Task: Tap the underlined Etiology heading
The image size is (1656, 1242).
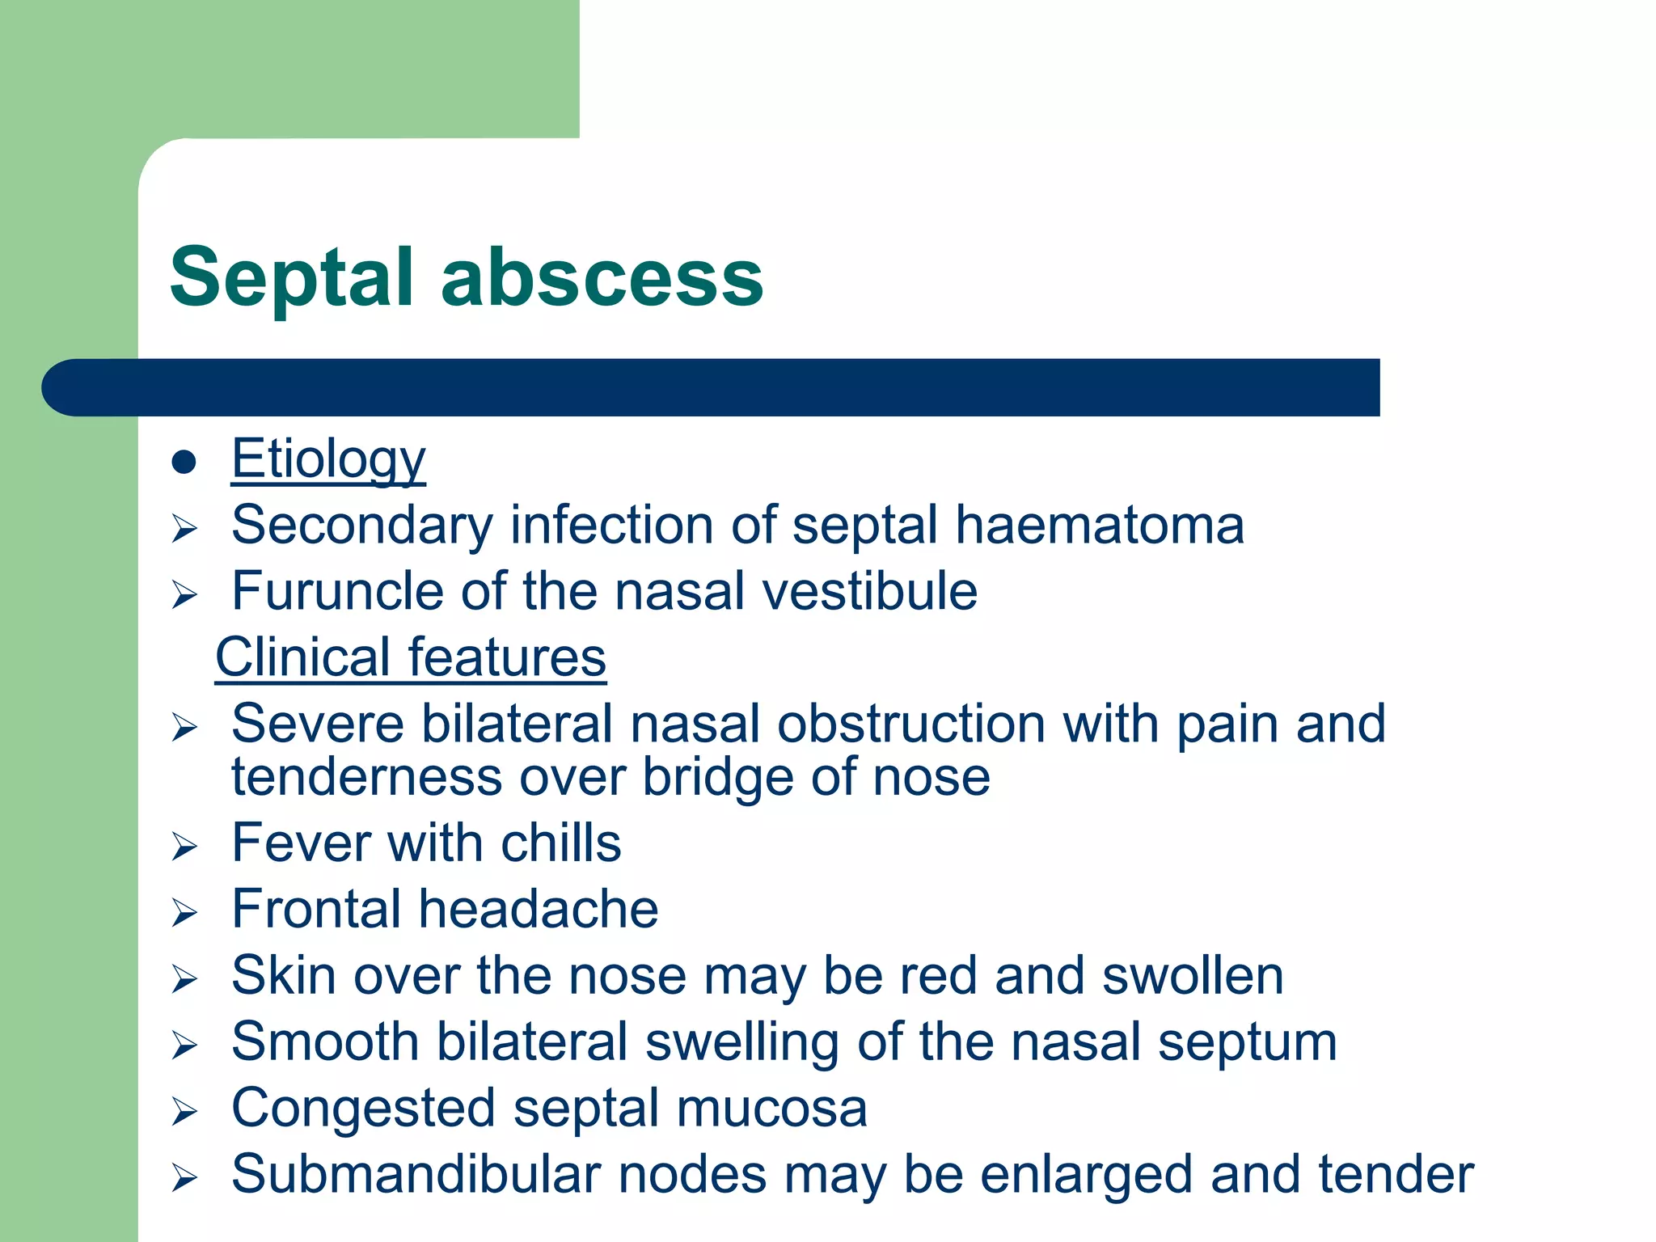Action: pos(328,459)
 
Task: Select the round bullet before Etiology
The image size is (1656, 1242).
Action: pos(184,462)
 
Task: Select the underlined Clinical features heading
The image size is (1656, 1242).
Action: pos(410,657)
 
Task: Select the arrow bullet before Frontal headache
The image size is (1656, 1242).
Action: pos(184,914)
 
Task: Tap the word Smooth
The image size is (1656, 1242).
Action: pos(325,1042)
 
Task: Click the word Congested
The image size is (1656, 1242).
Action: pos(363,1109)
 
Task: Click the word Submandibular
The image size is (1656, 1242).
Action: pos(416,1175)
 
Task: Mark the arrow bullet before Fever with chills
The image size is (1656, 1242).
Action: pos(184,847)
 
